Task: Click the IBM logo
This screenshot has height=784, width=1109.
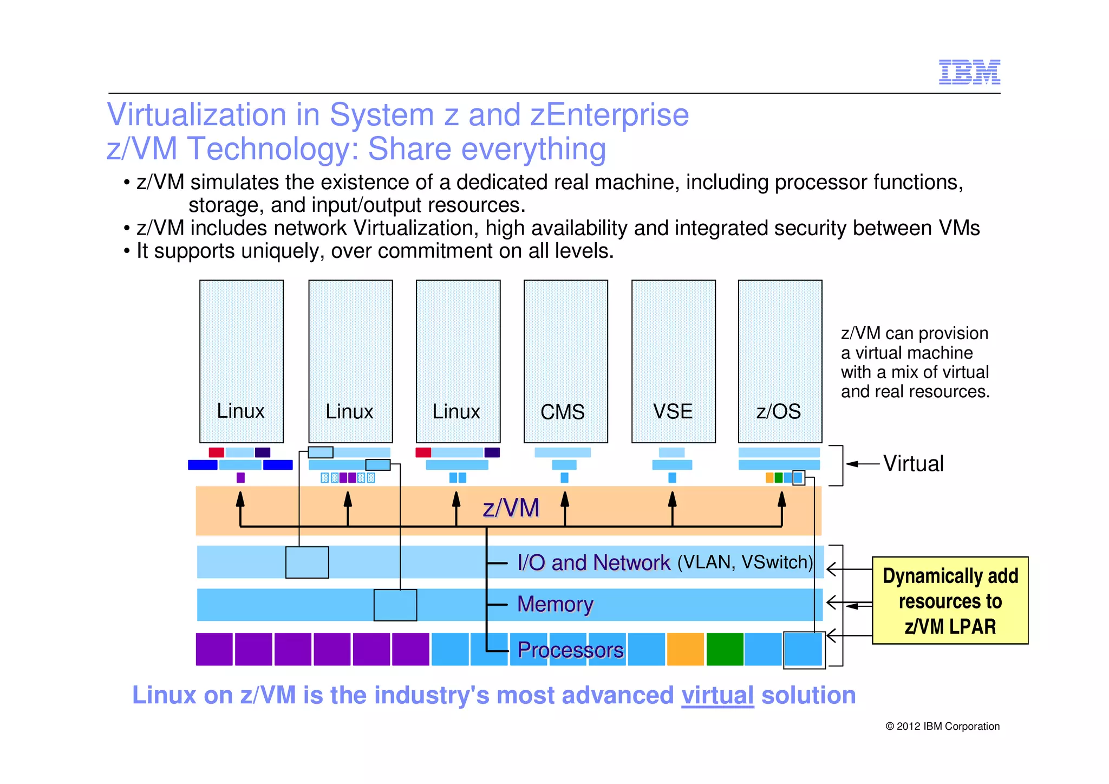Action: (969, 72)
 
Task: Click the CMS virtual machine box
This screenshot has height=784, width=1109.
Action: (565, 361)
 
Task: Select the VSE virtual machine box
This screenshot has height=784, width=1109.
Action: (673, 361)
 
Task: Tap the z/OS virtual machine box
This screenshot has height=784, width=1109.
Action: (780, 361)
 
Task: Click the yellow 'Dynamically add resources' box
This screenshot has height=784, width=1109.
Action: (950, 600)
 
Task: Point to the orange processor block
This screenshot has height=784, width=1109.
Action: (685, 649)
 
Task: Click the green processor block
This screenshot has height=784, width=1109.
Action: (725, 649)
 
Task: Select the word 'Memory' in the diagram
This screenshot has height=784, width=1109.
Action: (555, 604)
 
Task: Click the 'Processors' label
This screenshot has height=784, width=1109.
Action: (570, 650)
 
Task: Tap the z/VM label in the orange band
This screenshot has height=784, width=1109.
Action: (511, 508)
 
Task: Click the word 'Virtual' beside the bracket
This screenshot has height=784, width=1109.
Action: (914, 464)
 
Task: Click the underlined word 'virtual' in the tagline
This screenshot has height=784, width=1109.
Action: (717, 695)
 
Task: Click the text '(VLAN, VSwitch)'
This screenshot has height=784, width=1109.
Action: (745, 562)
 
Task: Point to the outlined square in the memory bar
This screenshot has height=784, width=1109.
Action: (395, 605)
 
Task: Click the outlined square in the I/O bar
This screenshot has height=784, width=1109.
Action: (307, 562)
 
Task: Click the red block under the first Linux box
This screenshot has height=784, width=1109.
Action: (216, 452)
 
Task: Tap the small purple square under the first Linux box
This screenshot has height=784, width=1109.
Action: (240, 477)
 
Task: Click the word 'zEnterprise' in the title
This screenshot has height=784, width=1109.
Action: (609, 115)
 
